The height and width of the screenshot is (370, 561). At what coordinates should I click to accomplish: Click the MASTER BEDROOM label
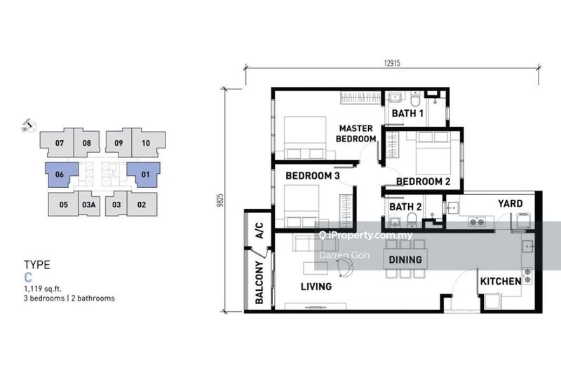coord(356,133)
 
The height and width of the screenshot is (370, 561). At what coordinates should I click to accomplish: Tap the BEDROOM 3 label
coord(312,175)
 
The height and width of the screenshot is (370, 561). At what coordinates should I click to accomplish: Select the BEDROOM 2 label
coord(424,181)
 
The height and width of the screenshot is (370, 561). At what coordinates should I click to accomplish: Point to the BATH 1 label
coord(407,114)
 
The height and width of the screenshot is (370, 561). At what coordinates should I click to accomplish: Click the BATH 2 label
coord(405,207)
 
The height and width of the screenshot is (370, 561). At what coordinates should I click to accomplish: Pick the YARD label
coord(511,203)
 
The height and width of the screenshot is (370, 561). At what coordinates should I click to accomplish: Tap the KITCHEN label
coord(501,281)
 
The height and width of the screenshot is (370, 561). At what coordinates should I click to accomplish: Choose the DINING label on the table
coord(405,259)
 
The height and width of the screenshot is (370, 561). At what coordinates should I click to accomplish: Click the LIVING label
coord(316,287)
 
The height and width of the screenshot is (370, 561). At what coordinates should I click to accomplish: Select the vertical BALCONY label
coord(259,282)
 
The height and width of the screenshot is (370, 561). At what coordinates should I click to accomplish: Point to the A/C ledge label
coord(259,231)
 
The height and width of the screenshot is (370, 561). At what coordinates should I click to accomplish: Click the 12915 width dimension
coord(392,63)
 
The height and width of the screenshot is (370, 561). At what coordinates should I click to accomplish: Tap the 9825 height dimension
coord(220,200)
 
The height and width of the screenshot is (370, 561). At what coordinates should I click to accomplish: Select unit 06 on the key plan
coord(60,174)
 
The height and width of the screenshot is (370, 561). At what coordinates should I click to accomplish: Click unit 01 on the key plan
coord(145,174)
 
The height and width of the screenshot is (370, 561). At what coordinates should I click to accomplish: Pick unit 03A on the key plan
coord(89,205)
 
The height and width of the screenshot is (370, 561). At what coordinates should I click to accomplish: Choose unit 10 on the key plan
coord(146,143)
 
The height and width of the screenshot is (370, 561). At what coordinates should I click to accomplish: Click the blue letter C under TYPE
coord(28,277)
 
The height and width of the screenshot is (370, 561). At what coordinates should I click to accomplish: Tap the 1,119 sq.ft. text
coord(43,289)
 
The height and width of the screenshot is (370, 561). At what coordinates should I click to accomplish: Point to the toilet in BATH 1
coord(415,99)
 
